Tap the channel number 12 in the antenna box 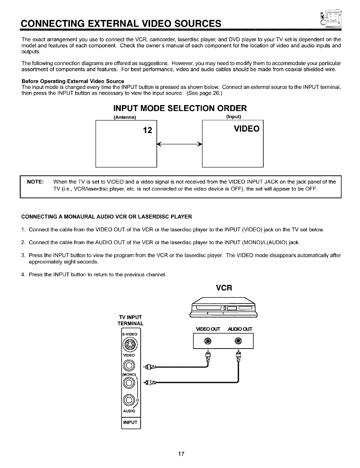coord(147,130)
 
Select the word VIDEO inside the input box coord(247,129)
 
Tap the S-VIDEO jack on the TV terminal coord(130,345)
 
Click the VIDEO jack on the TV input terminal coord(130,365)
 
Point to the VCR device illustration coord(223,307)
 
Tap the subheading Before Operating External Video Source coord(73,81)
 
